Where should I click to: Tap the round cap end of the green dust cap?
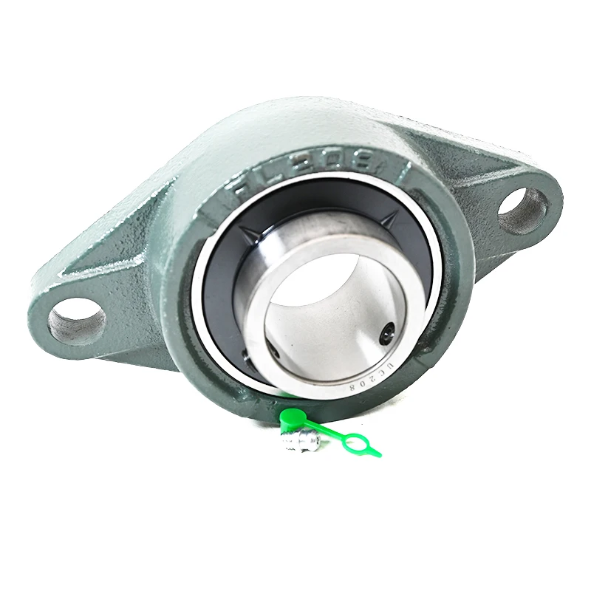click(292, 417)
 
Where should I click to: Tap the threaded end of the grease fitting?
click(284, 445)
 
